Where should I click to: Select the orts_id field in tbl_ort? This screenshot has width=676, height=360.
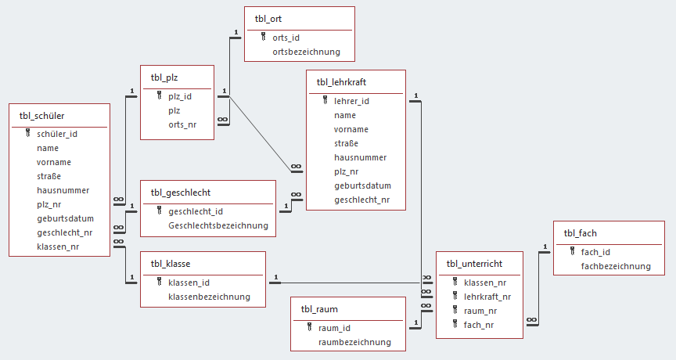[x=286, y=38]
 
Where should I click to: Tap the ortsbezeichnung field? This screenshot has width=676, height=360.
[x=306, y=52]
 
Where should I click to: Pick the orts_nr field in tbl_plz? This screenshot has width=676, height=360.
[x=182, y=125]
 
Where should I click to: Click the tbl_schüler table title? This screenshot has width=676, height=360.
[x=41, y=115]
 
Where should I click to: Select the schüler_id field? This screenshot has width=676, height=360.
[x=57, y=134]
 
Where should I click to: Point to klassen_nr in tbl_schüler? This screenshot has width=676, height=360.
[x=58, y=247]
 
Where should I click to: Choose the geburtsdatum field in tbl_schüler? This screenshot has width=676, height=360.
[x=65, y=218]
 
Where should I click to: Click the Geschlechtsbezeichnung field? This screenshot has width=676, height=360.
[x=218, y=225]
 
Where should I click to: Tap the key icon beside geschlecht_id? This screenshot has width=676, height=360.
[x=159, y=211]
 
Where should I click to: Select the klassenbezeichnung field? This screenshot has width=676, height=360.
[x=209, y=297]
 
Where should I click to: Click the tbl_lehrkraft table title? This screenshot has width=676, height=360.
[x=341, y=82]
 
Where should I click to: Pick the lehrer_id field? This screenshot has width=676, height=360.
[x=351, y=101]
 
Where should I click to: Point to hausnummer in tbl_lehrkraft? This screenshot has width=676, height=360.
[x=360, y=157]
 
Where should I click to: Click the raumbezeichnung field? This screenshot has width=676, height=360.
[x=354, y=342]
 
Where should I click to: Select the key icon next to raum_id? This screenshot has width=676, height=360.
[x=309, y=328]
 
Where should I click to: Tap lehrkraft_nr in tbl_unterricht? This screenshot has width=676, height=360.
[x=487, y=297]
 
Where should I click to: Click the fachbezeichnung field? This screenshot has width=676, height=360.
[x=616, y=266]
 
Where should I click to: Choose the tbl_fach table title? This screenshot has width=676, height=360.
[x=580, y=232]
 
